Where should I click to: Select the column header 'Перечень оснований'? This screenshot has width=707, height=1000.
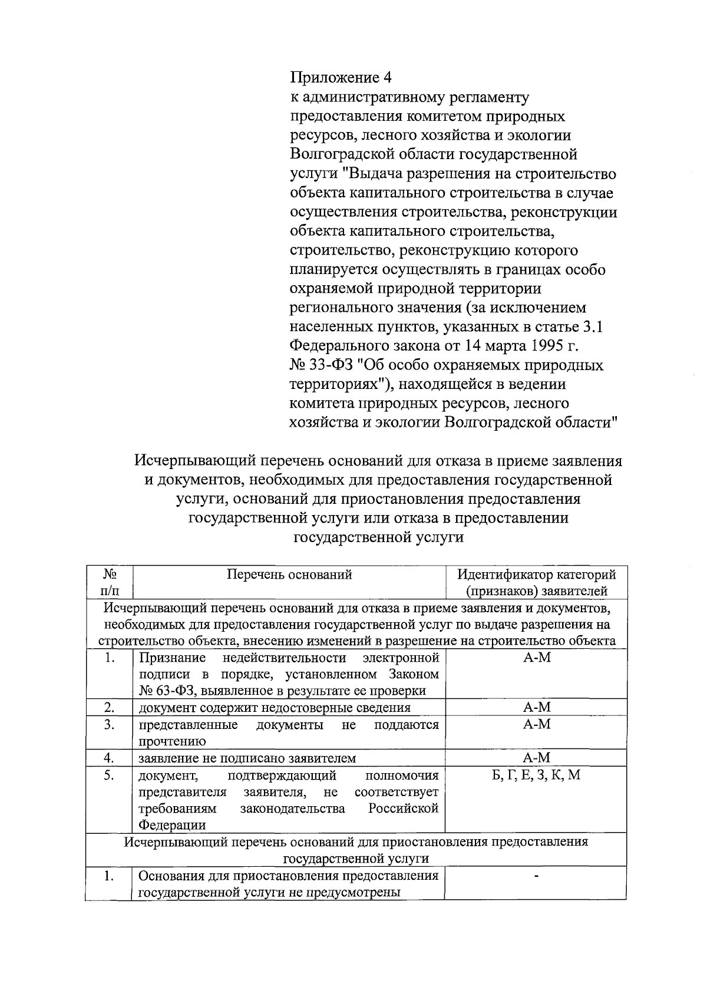pos(289,575)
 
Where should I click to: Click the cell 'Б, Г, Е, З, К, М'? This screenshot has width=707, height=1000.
pos(536,775)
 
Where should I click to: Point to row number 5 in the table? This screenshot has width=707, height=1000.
pos(108,775)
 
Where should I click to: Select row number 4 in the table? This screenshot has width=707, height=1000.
pos(108,758)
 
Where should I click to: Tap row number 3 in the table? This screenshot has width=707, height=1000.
pos(108,725)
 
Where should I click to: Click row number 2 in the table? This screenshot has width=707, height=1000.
pos(108,707)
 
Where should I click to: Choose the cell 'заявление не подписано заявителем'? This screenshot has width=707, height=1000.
pos(247,758)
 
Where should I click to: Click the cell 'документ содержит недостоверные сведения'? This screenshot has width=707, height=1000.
pos(275,708)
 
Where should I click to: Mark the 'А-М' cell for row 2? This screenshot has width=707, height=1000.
pos(536,707)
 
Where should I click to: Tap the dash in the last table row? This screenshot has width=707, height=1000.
pos(536,876)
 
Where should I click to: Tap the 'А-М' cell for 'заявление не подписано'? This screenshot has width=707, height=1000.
pos(536,758)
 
